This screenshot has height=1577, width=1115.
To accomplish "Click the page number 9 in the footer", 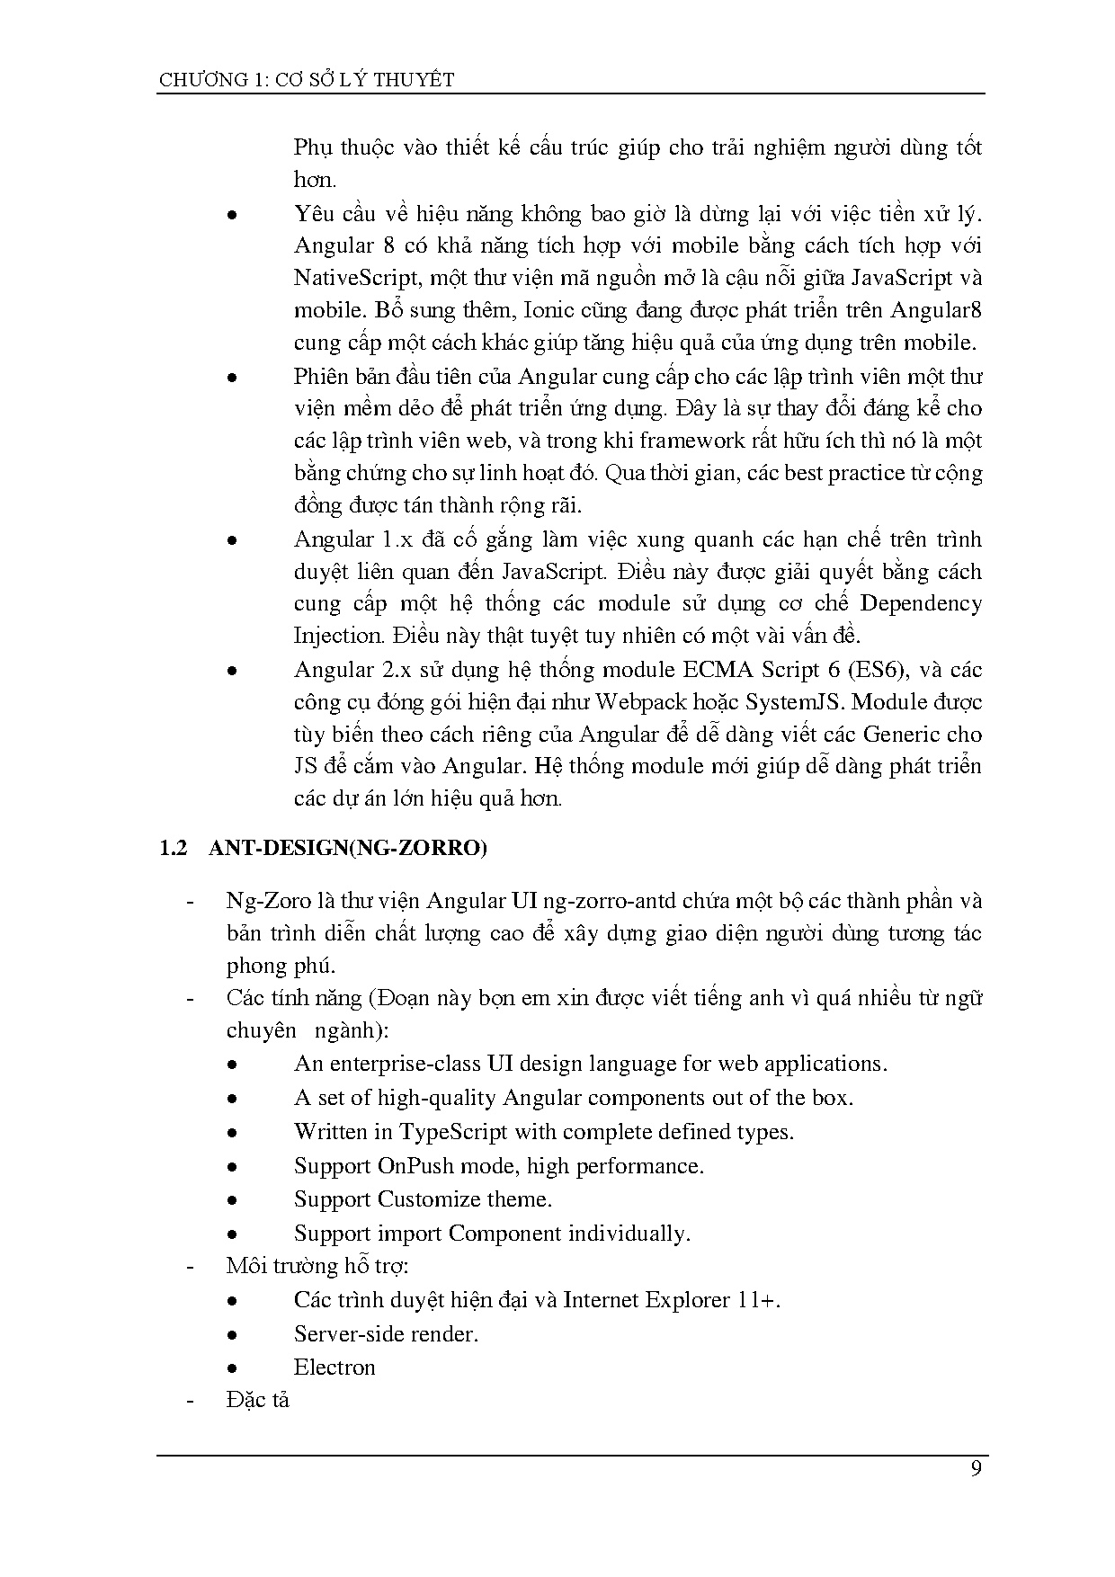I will click(x=976, y=1470).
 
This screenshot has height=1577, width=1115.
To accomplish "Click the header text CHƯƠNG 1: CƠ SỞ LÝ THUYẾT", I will click(x=307, y=80).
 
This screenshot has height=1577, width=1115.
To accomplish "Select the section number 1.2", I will click(x=173, y=848).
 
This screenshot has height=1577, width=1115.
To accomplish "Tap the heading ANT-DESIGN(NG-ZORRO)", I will click(x=347, y=848).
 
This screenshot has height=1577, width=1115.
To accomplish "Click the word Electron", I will click(x=334, y=1368).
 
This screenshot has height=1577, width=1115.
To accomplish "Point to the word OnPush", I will click(x=415, y=1165).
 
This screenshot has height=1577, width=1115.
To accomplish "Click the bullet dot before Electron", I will click(x=232, y=1368).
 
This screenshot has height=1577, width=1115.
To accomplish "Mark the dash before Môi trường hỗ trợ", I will click(x=190, y=1267).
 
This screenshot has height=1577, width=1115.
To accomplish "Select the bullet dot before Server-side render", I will click(x=232, y=1335).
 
